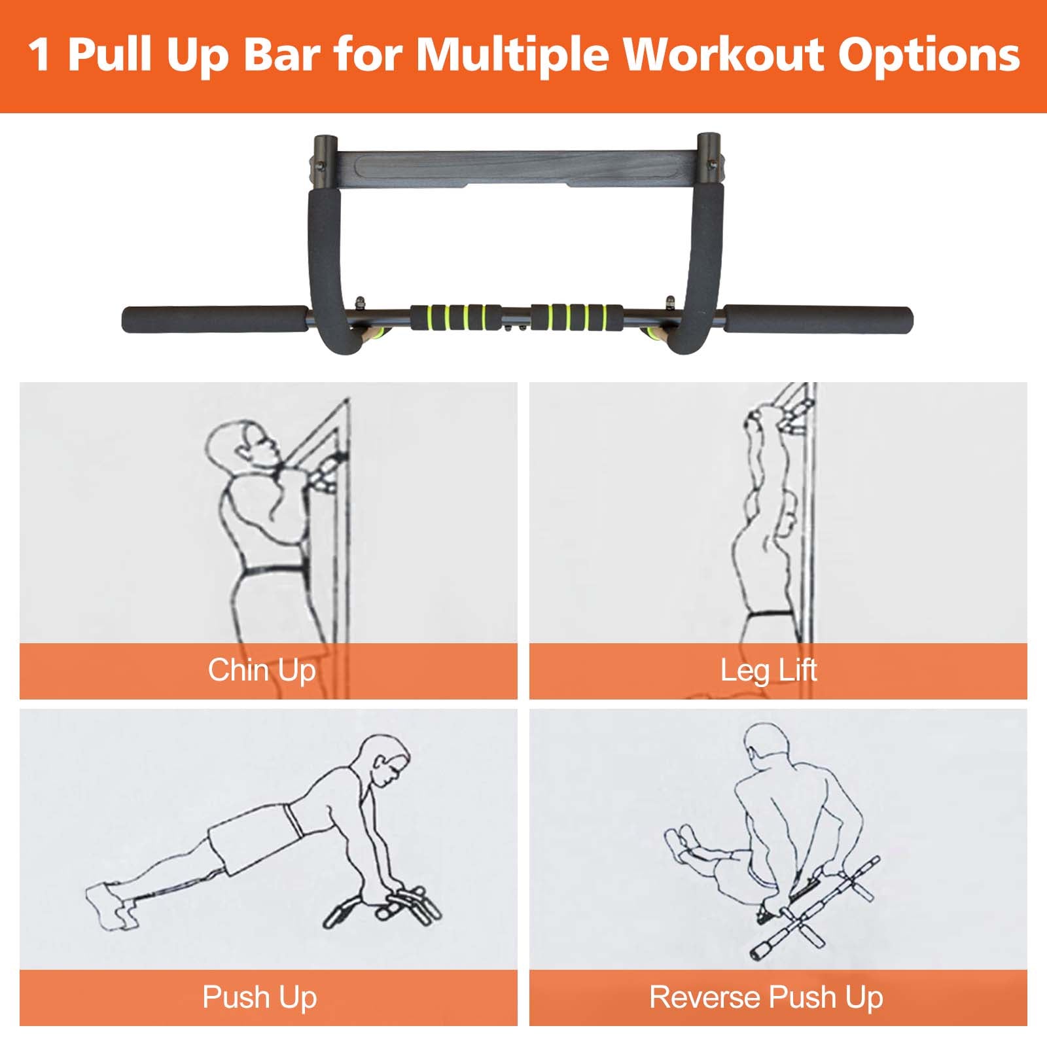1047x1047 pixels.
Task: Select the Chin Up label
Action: point(262,670)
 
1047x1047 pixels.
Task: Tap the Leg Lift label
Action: point(768,670)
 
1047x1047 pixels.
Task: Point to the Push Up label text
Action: point(260,997)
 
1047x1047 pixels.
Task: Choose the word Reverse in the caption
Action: point(705,997)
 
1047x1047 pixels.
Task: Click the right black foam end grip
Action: point(818,320)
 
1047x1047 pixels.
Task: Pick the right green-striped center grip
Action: point(577,317)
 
